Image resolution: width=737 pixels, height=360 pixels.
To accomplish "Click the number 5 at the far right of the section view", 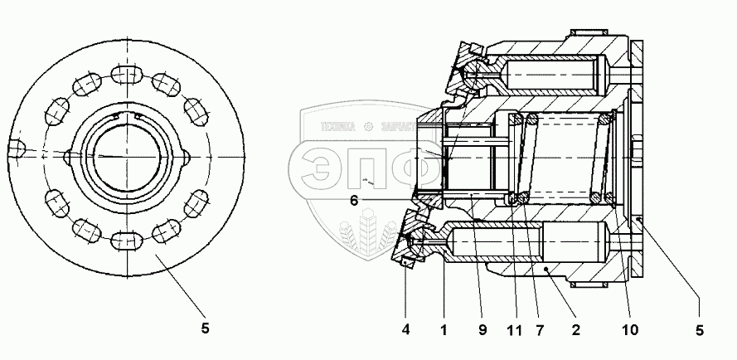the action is pos(700,330).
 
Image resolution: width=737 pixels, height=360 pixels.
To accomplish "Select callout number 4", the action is pos(405,330).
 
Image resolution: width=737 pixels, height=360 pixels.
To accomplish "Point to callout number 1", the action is pos(444,330).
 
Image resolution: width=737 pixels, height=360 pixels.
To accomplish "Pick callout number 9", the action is pos(481,330).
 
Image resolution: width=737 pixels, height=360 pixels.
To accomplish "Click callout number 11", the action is pos(515,330).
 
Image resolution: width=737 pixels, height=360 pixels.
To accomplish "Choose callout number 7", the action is pos(540,330).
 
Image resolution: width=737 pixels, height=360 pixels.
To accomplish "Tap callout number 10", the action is pos(631,330).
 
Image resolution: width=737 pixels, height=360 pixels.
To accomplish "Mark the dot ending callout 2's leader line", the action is pos(545,270).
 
